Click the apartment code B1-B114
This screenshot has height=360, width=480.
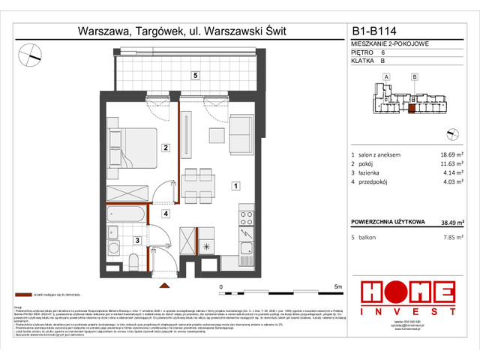(x=376, y=31)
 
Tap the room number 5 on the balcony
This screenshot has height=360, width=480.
(x=194, y=76)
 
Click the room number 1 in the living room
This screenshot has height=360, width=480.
(x=235, y=185)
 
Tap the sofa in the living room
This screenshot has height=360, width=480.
(x=241, y=134)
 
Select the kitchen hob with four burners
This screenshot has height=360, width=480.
(x=246, y=219)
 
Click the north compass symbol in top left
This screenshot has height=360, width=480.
(x=31, y=53)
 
